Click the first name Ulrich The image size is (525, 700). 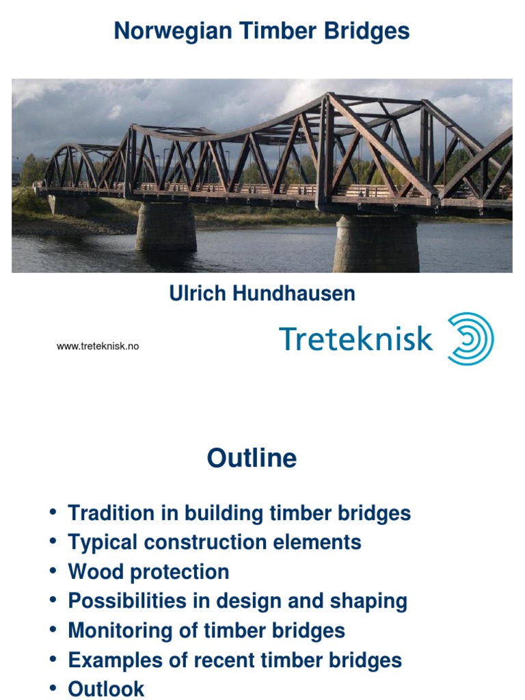(x=199, y=294)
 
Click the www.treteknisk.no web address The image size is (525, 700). (x=98, y=347)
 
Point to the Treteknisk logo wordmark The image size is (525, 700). (x=355, y=338)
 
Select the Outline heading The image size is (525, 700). (x=252, y=458)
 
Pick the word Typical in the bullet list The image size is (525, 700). (x=105, y=542)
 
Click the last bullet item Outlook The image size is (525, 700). (x=106, y=688)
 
